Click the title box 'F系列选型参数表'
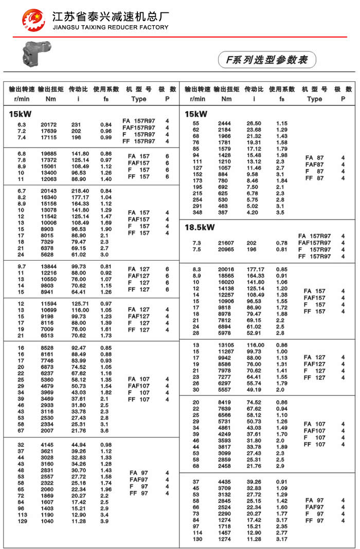click(266, 60)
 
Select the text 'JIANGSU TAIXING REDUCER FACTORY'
click(111, 27)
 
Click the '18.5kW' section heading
click(200, 227)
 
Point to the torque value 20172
click(48, 125)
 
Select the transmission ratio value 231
click(76, 125)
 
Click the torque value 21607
click(226, 243)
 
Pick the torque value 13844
click(48, 267)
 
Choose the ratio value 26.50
click(254, 124)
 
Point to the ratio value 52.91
click(254, 333)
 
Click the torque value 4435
click(225, 482)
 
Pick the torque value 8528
click(48, 348)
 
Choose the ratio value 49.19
click(254, 390)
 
